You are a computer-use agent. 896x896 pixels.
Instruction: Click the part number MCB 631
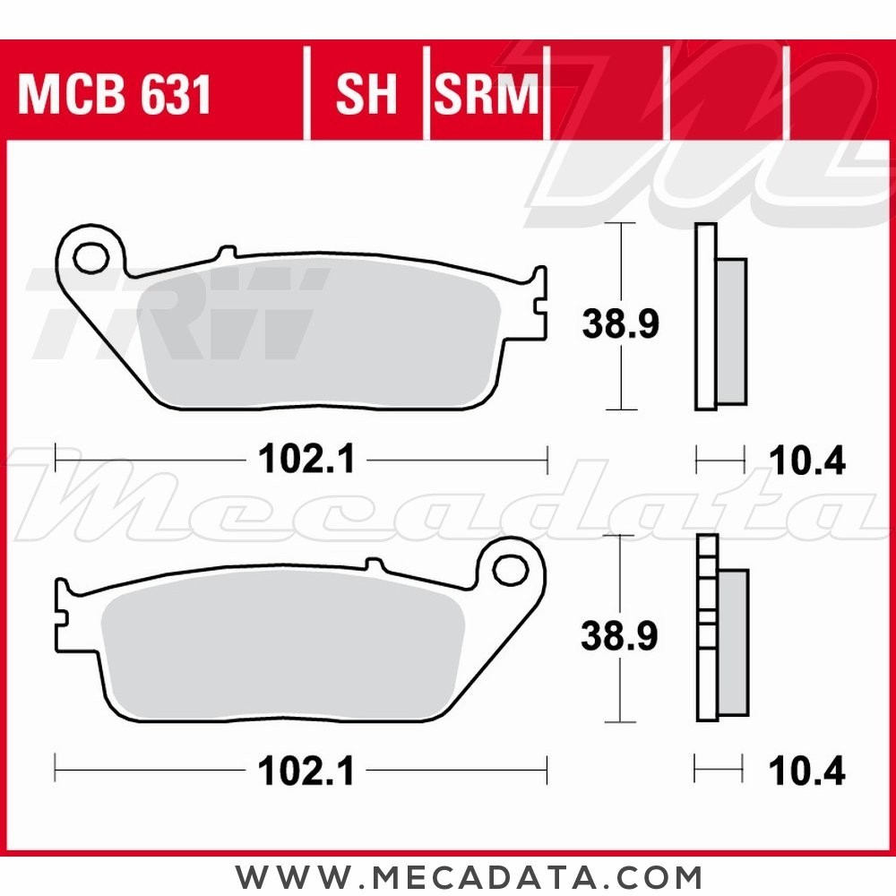pos(115,95)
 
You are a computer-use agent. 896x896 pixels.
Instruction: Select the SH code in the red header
pos(366,95)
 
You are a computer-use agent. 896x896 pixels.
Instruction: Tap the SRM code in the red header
pos(487,95)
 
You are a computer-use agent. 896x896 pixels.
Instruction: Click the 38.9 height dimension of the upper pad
pos(620,324)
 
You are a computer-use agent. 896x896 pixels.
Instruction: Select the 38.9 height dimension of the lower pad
pos(620,636)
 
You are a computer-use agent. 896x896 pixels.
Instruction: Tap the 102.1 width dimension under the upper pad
pos(306,461)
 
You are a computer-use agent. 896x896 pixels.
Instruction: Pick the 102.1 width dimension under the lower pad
pos(306,771)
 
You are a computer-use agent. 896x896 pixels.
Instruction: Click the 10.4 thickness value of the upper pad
pos(807,462)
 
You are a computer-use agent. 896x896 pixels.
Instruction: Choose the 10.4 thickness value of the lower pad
pos(807,771)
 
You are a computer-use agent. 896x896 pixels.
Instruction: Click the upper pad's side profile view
pos(719,318)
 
